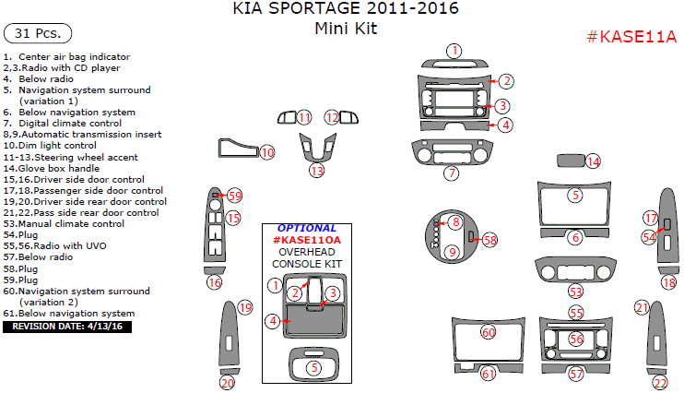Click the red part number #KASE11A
point(631,38)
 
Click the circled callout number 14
point(593,161)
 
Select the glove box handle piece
point(570,161)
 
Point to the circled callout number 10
point(266,152)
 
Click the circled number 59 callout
point(235,196)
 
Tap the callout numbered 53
point(575,291)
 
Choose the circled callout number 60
point(489,331)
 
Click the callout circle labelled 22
point(659,383)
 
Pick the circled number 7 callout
point(451,173)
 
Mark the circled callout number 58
point(489,240)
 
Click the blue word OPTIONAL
point(307,228)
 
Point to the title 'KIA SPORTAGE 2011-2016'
point(340,9)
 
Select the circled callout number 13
point(316,171)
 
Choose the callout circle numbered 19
point(244,307)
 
